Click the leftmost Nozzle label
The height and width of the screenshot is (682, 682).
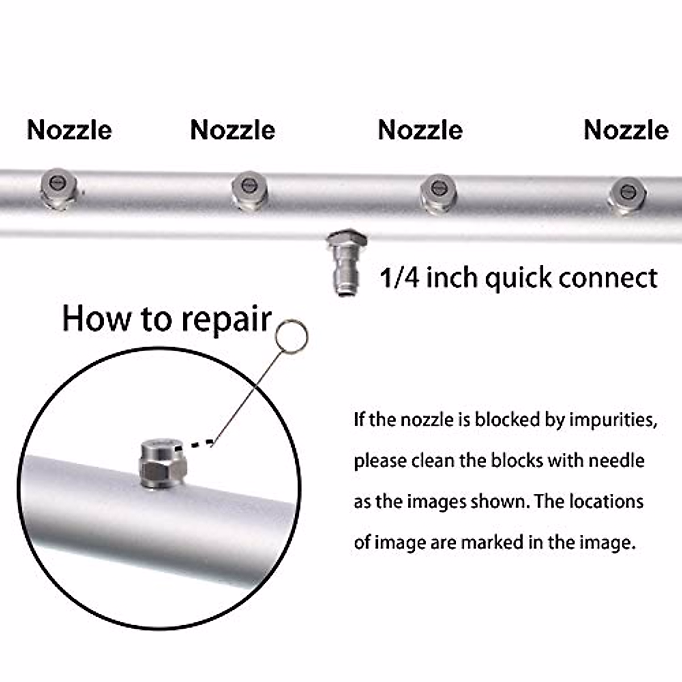pyautogui.click(x=69, y=130)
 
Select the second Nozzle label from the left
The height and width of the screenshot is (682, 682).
pyautogui.click(x=232, y=130)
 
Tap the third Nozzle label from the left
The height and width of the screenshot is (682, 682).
pyautogui.click(x=420, y=130)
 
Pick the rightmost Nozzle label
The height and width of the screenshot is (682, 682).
pyautogui.click(x=626, y=130)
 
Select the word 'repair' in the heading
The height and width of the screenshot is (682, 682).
pyautogui.click(x=226, y=320)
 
